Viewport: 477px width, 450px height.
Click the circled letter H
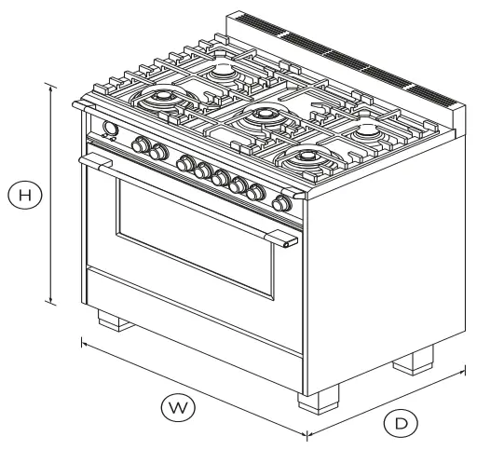point(28,195)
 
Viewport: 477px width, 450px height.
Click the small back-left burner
point(224,72)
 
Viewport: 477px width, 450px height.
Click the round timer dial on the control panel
point(109,130)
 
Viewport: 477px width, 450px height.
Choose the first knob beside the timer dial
point(143,145)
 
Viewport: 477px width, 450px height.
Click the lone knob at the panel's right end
point(281,202)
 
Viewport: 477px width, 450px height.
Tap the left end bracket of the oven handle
point(91,164)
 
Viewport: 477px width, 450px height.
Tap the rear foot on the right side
point(413,361)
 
